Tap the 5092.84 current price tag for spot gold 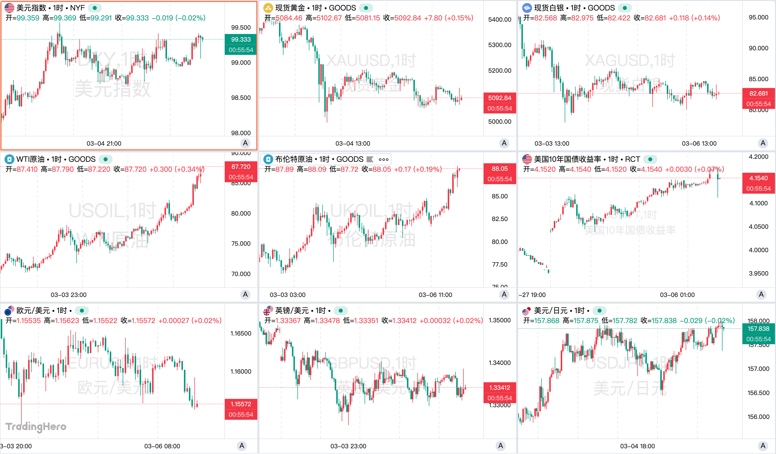coord(499,98)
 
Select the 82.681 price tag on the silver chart coord(758,93)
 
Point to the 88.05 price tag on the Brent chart coord(499,169)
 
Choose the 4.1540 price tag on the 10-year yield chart coord(758,178)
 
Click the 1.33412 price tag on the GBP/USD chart coord(499,388)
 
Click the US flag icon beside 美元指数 coord(9,8)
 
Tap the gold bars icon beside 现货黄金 coord(268,8)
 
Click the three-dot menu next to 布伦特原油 coord(383,159)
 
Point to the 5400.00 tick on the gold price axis coord(499,19)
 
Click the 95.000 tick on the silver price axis coord(758,17)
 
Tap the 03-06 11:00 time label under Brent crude coord(435,295)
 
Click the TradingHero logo coord(36,427)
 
